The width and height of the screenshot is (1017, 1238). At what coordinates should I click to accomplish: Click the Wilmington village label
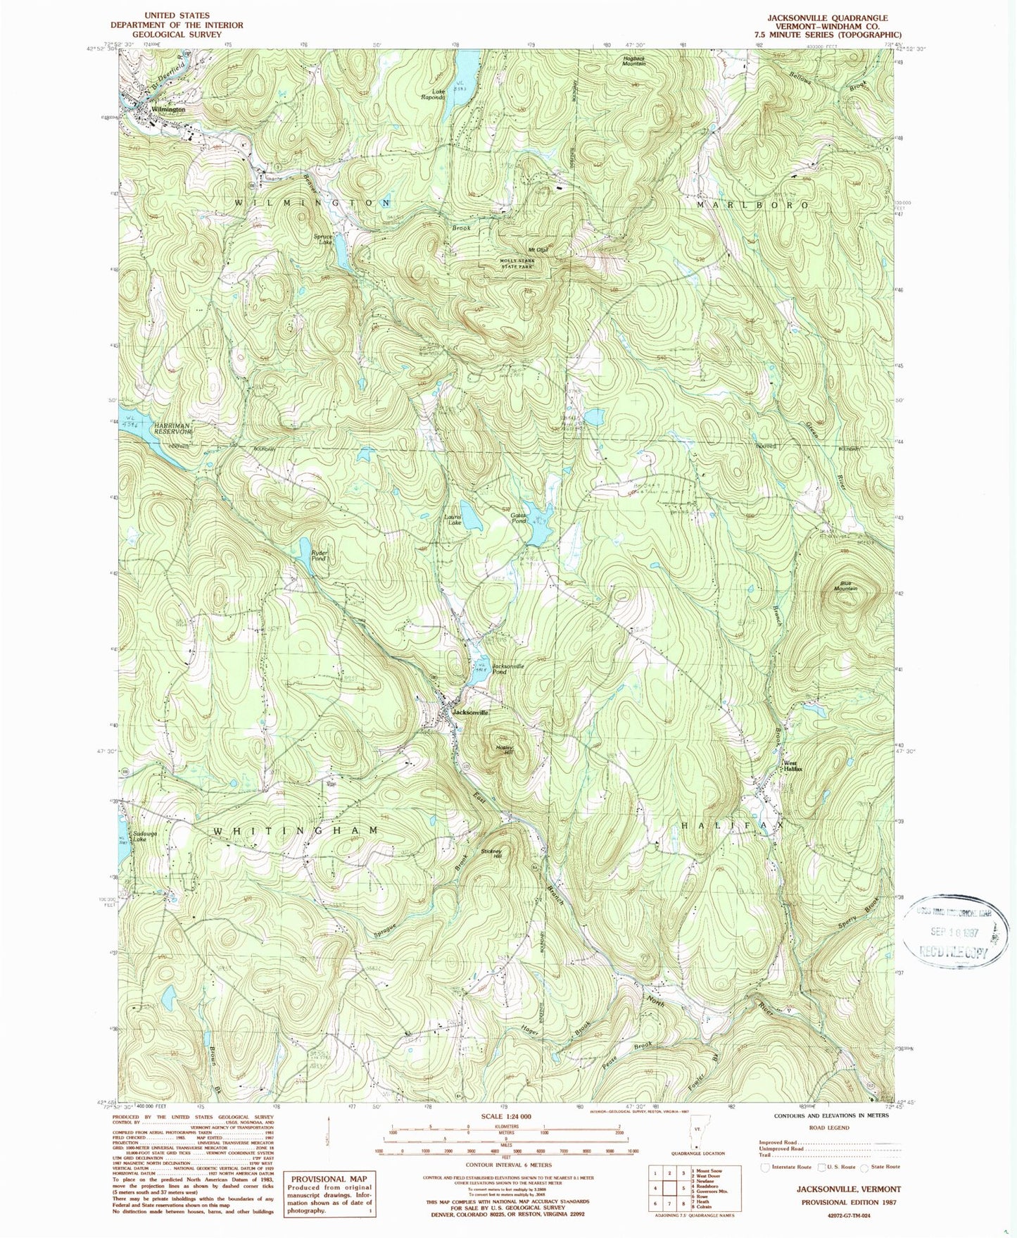pos(168,110)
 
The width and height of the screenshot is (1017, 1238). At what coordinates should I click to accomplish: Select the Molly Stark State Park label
pos(517,264)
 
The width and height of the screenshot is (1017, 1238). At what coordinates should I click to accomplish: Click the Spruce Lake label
pos(323,239)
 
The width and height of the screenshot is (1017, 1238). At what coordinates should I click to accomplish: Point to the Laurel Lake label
pos(453,520)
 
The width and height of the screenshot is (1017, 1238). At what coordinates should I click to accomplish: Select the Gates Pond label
pos(519,518)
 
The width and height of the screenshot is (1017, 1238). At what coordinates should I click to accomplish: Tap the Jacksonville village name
pos(471,713)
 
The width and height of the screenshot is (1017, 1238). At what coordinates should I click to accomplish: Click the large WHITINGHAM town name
pos(296,831)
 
